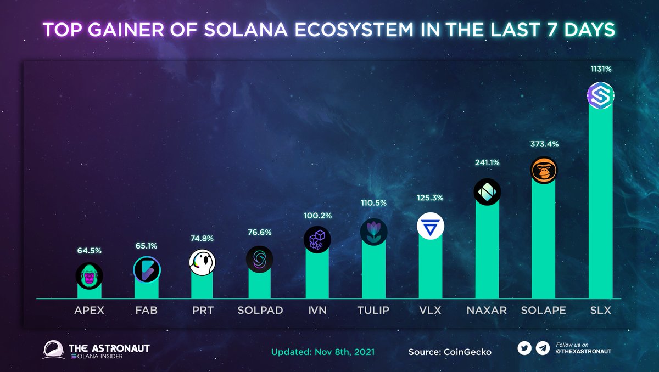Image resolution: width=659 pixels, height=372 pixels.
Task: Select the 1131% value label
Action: click(x=600, y=70)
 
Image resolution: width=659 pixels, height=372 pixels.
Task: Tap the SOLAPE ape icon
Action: click(x=543, y=171)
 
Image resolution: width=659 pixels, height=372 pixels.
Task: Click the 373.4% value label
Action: click(x=544, y=144)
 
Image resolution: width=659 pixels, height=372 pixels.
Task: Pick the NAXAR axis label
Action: click(x=487, y=311)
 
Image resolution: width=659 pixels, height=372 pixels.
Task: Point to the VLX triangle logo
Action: click(x=430, y=226)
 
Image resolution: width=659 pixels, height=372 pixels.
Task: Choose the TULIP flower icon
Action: click(x=373, y=232)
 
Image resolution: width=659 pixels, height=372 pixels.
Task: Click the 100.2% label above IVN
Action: click(x=317, y=216)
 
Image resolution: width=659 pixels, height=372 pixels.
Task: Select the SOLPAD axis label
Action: click(x=260, y=311)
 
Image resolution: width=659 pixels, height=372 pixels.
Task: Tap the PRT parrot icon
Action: click(x=202, y=262)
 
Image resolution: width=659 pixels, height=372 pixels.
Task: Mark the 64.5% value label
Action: click(x=90, y=251)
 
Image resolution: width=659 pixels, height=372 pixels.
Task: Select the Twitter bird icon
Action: click(x=524, y=348)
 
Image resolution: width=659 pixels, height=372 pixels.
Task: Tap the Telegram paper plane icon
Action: click(x=543, y=348)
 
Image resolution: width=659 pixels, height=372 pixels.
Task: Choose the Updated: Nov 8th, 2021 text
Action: click(x=323, y=351)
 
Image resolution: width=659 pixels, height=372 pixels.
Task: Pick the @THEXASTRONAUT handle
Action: click(x=584, y=351)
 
